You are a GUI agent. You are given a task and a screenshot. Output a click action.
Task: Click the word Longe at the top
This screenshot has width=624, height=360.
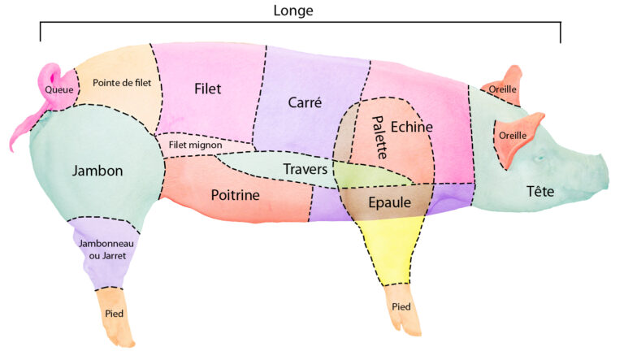point(293,11)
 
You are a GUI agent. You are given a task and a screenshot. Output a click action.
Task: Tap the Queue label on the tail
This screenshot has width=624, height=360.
point(58,89)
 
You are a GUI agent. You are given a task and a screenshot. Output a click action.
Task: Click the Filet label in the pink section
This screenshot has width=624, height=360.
point(208,87)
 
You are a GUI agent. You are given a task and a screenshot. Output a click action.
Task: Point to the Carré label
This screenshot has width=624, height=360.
point(305,102)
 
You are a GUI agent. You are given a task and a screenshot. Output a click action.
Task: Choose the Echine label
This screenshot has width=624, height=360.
point(411,127)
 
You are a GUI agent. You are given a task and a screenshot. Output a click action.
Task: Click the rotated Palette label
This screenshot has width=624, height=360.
point(379,136)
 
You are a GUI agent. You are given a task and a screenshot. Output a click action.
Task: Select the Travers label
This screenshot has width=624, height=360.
point(305,169)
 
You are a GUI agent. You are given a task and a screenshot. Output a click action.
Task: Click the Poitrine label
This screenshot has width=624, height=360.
point(235,195)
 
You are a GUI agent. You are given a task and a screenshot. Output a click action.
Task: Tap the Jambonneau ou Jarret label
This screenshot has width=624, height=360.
point(102,249)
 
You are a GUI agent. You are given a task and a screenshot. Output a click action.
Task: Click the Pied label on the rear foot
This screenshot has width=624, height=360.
point(115,313)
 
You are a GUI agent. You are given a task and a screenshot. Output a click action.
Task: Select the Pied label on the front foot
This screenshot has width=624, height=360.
point(401,306)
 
